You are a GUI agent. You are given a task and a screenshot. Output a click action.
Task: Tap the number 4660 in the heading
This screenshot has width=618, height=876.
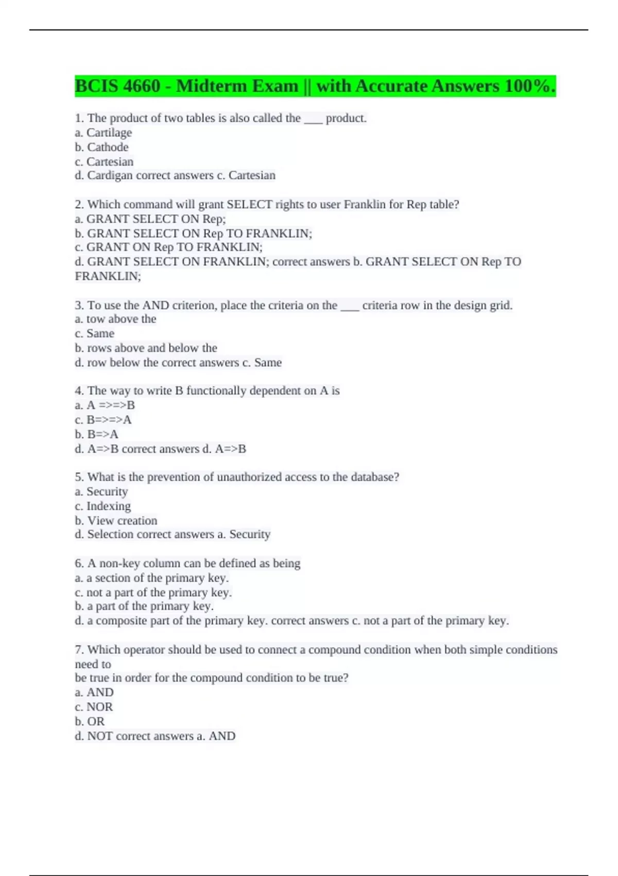point(142,86)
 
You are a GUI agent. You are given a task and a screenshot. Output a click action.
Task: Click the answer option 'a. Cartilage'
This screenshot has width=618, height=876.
point(104,133)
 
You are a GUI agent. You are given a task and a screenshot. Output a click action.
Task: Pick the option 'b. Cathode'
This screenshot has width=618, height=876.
point(102,147)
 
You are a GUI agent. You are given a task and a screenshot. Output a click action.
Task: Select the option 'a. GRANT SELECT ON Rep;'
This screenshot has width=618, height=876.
point(150,219)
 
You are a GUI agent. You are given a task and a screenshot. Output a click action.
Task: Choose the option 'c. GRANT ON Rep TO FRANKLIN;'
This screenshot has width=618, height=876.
point(168,247)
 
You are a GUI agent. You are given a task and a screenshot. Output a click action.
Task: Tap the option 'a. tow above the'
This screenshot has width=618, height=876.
point(115,319)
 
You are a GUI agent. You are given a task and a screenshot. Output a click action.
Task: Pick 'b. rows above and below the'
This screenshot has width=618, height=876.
point(146,348)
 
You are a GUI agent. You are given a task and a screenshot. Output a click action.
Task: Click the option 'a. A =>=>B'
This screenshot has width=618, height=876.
point(105,406)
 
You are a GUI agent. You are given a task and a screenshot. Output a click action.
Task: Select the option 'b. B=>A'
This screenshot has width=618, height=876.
point(97,434)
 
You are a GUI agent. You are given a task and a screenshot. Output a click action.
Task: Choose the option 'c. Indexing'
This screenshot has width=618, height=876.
point(103,506)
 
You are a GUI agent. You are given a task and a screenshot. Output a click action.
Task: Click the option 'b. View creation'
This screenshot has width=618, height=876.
point(116,520)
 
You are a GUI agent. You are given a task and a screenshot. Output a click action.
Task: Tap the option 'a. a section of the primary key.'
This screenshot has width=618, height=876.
point(152,578)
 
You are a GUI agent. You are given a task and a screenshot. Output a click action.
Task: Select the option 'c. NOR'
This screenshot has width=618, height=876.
point(94,707)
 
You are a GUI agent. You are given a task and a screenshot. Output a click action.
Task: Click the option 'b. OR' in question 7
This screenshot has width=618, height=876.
point(90,721)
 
